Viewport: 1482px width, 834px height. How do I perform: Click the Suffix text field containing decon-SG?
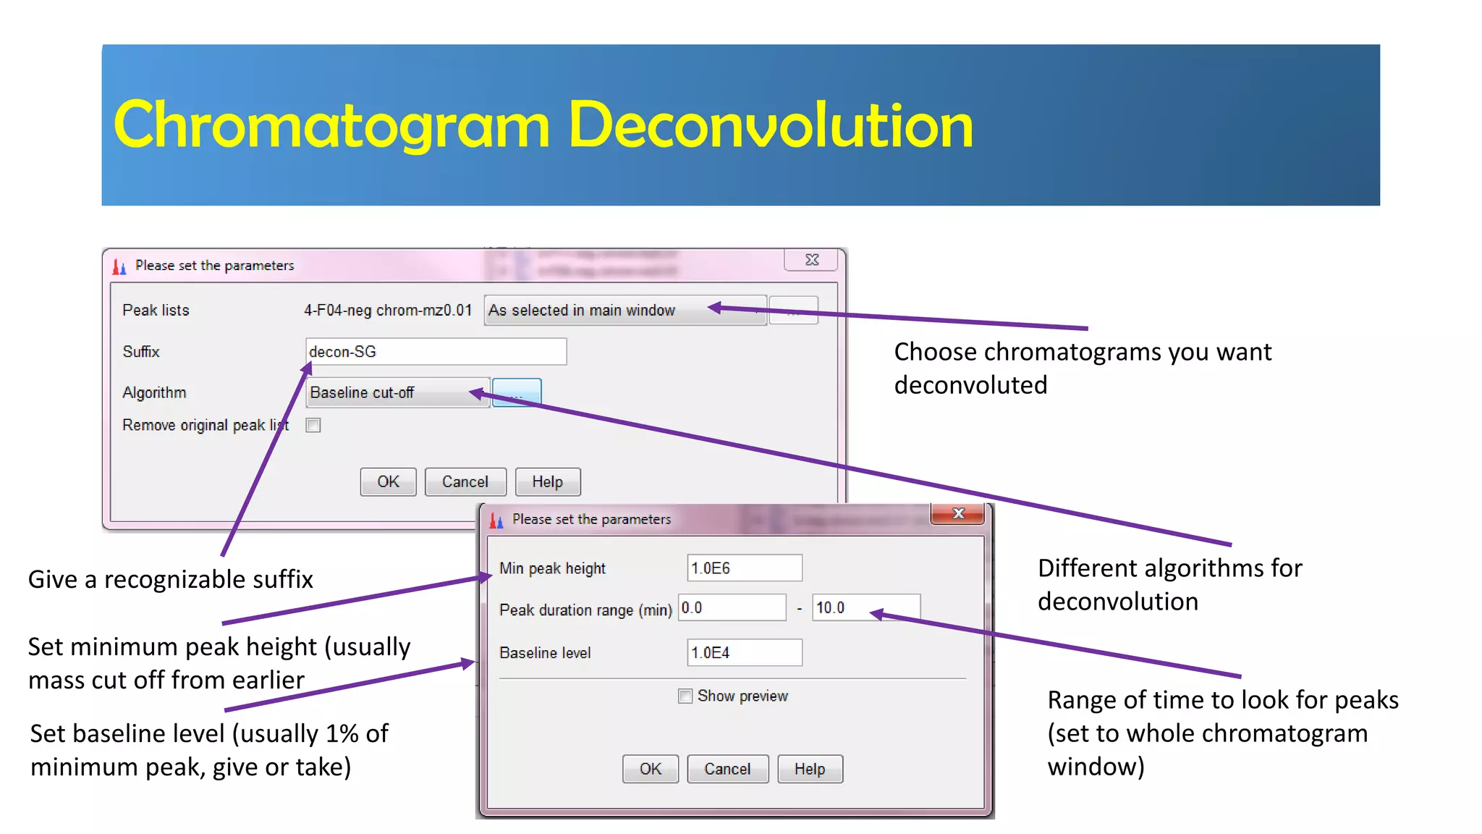(x=436, y=352)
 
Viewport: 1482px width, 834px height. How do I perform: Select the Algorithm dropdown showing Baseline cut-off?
(x=397, y=392)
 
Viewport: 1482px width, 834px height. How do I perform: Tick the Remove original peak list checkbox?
(x=313, y=426)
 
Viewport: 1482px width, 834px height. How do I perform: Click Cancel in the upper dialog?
(x=465, y=482)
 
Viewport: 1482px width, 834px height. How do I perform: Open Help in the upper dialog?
(x=547, y=482)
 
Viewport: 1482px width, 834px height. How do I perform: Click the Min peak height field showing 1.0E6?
(x=744, y=568)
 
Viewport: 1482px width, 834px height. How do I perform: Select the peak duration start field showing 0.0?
(x=732, y=608)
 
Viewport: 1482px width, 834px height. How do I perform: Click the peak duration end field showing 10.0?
(x=865, y=608)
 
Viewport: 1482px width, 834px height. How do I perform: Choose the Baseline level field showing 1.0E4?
(x=744, y=653)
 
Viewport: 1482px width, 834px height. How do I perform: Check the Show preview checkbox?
(x=685, y=696)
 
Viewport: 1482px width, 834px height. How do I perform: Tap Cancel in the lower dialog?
(x=727, y=769)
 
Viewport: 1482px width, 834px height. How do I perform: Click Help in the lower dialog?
(x=809, y=769)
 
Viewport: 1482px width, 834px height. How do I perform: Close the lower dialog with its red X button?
(x=958, y=514)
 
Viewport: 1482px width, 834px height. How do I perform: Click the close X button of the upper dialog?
(x=812, y=260)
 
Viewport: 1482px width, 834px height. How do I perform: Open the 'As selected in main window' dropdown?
(x=624, y=311)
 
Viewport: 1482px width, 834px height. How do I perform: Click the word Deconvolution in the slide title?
(x=771, y=126)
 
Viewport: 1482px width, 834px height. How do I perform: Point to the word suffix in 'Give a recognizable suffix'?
(x=281, y=580)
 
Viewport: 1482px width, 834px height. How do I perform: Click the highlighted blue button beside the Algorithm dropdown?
(x=517, y=392)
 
